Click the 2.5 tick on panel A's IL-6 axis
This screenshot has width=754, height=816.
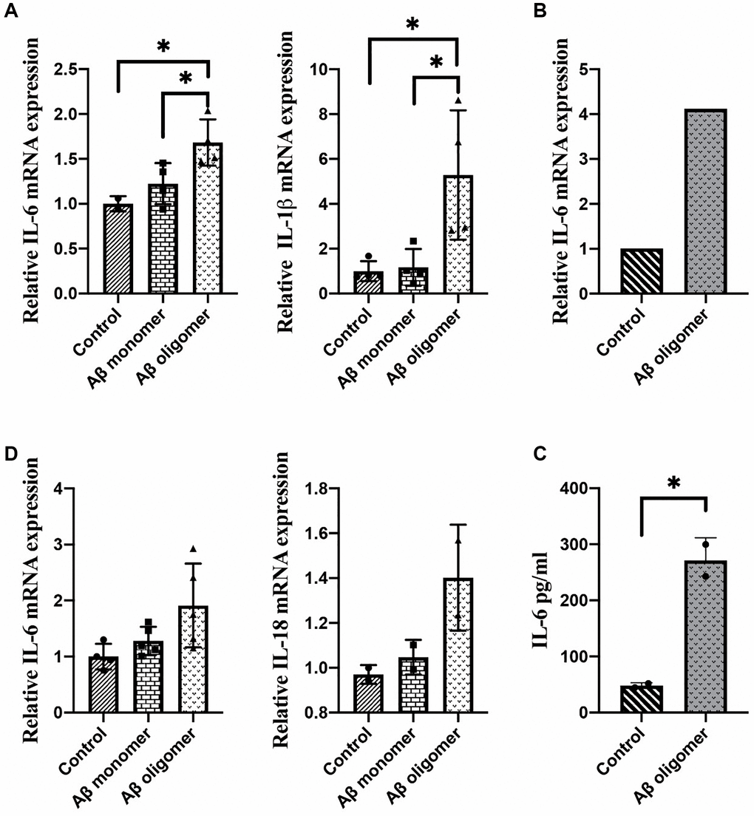(x=72, y=69)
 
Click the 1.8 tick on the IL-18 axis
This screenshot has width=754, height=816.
(x=329, y=489)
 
